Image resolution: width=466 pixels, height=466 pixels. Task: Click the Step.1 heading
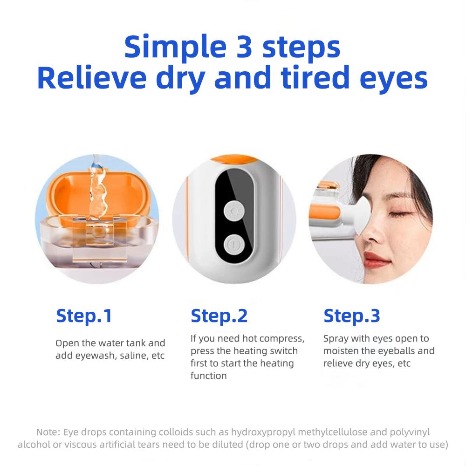click(x=84, y=316)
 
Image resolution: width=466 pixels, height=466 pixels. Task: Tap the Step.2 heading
click(x=219, y=316)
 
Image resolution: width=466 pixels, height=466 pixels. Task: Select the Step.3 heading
click(x=352, y=316)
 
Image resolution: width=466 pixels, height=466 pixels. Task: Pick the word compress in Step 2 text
click(x=281, y=338)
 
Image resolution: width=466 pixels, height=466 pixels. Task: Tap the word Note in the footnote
click(x=46, y=432)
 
